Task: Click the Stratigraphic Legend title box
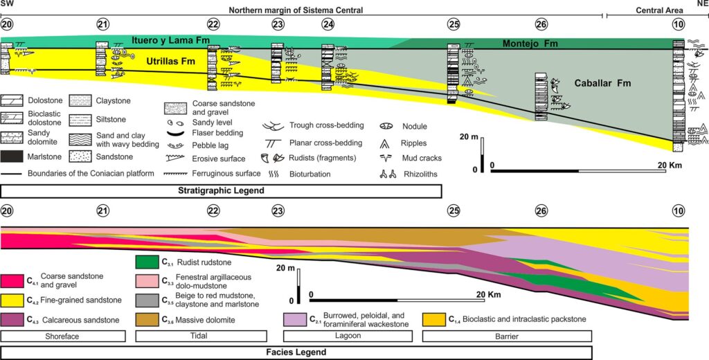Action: tap(221, 191)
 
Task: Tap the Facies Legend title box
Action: tap(296, 352)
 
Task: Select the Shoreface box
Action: tap(63, 336)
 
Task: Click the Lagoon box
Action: tap(348, 336)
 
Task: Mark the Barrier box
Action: tap(507, 336)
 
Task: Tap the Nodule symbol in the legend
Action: tap(386, 127)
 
